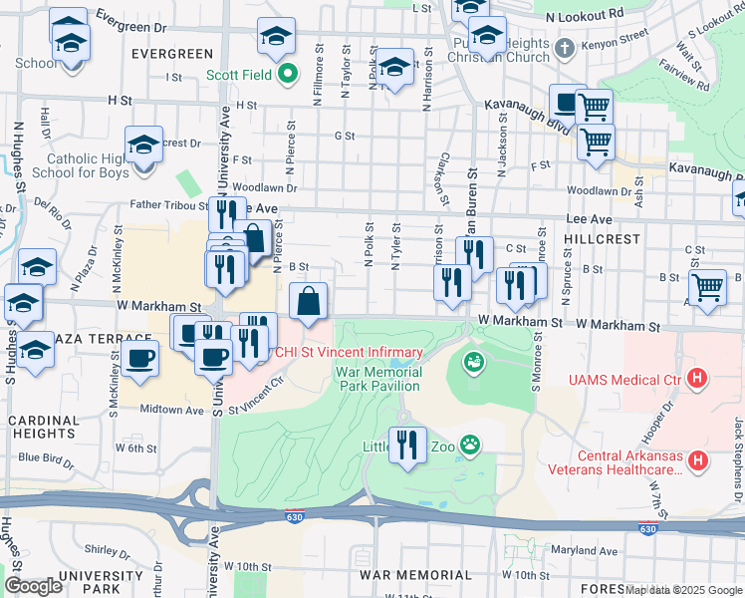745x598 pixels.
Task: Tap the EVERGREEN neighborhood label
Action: coord(170,54)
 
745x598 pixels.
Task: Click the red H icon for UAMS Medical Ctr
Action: coord(697,379)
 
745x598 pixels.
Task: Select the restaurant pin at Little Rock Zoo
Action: coord(407,444)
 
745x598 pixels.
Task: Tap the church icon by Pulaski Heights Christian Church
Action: coord(564,48)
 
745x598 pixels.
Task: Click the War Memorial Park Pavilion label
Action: coord(379,378)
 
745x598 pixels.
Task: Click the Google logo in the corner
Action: coord(33,586)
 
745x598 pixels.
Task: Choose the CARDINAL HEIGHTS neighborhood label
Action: coord(44,428)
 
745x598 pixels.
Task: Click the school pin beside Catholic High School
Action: coord(143,145)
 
